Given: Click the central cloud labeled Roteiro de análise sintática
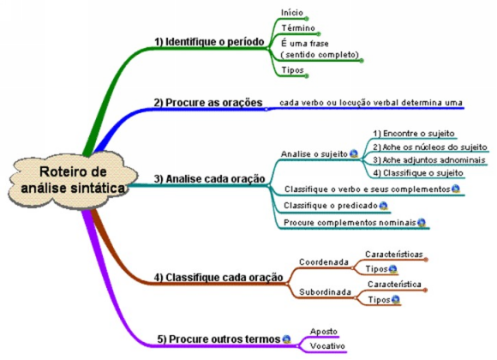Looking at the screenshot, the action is [73, 180].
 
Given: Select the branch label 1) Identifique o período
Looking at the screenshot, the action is [209, 42].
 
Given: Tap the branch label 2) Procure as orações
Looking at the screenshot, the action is [208, 103].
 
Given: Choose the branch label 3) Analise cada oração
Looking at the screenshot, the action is [210, 179].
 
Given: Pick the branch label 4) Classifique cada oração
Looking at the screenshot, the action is [219, 278].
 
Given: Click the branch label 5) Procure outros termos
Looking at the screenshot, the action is [219, 339].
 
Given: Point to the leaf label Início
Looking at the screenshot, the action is [292, 13].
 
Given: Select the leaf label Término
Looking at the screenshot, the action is [298, 28].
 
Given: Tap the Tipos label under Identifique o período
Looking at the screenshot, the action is [292, 70].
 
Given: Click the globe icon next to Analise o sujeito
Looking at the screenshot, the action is [354, 153].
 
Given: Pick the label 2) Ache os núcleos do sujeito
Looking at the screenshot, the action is [430, 147].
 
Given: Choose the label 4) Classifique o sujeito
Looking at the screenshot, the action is [418, 173].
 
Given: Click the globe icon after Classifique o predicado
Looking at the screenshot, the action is [384, 206].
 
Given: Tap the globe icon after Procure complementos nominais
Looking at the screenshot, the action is [422, 223].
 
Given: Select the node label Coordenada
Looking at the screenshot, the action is [324, 262].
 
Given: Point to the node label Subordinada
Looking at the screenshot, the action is [326, 292].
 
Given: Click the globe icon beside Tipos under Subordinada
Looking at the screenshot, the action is [396, 299].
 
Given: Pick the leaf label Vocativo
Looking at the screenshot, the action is [327, 346].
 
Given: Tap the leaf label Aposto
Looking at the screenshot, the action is [324, 332].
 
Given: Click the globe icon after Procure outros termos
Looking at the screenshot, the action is [286, 339].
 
